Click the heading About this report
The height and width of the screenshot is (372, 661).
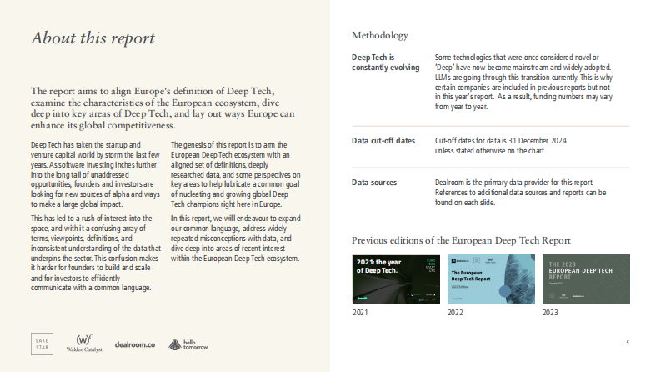(x=93, y=38)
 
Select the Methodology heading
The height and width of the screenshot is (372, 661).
(x=379, y=35)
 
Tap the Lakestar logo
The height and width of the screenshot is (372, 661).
(x=43, y=343)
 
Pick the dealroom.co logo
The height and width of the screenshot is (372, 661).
(x=135, y=344)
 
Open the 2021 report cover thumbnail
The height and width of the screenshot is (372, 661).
(x=396, y=277)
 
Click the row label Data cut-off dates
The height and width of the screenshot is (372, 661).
(x=383, y=141)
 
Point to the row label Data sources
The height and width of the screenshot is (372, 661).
(x=373, y=182)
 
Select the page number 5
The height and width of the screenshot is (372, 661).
(x=627, y=343)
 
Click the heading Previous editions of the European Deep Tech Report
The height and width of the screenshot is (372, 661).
(x=461, y=240)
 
